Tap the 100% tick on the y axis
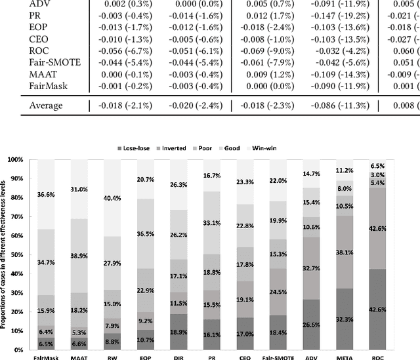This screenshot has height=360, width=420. (x=14, y=160)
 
